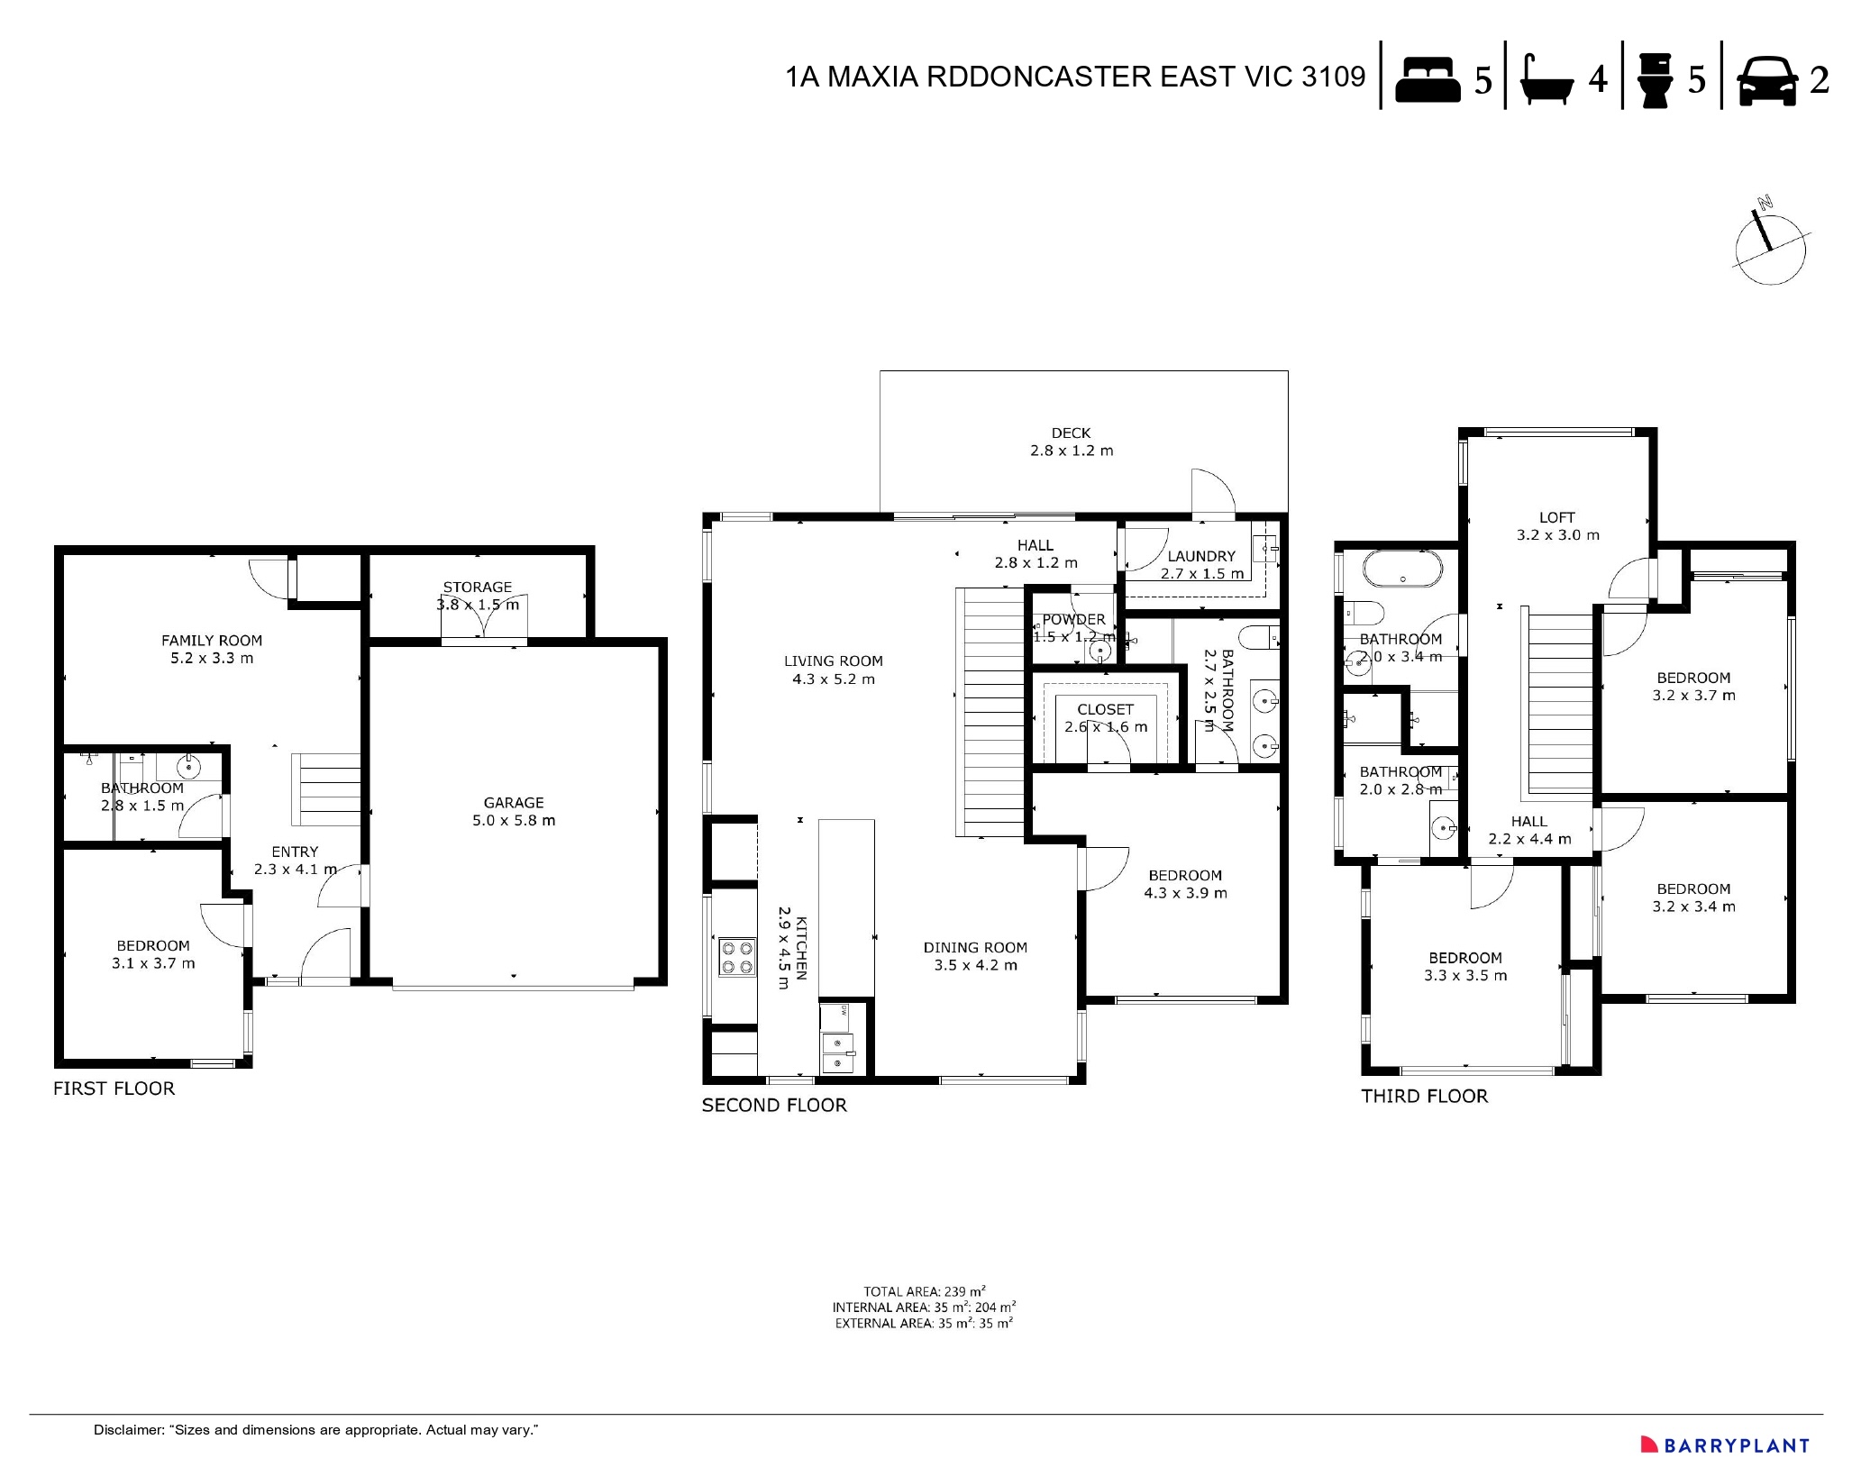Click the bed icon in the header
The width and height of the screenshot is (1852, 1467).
pos(1428,80)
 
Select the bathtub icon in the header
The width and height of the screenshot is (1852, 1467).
pos(1546,80)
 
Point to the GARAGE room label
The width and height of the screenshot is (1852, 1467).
pos(514,803)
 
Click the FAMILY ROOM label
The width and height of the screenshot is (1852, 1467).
pos(212,641)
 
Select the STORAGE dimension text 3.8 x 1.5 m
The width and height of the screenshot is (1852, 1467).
pos(478,605)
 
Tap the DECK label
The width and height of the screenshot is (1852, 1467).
pos(1071,433)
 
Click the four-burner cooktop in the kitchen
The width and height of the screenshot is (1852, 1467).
pos(736,957)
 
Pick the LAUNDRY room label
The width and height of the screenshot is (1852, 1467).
pos(1201,557)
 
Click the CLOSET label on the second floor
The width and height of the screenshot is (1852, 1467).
pos(1105,710)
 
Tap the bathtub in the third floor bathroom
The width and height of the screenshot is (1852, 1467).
pos(1402,569)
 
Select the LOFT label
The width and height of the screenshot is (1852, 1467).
pos(1556,517)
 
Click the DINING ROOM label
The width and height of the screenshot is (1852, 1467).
pos(975,947)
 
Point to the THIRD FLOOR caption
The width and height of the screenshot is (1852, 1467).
pos(1424,1097)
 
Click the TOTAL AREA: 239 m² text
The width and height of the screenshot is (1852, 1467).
pos(924,1291)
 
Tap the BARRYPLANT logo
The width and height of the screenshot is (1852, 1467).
pos(1724,1444)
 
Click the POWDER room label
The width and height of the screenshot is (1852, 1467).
pos(1073,620)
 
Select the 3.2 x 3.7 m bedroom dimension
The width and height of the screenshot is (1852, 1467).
pos(1693,696)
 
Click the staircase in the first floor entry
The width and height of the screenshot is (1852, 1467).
pos(325,790)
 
